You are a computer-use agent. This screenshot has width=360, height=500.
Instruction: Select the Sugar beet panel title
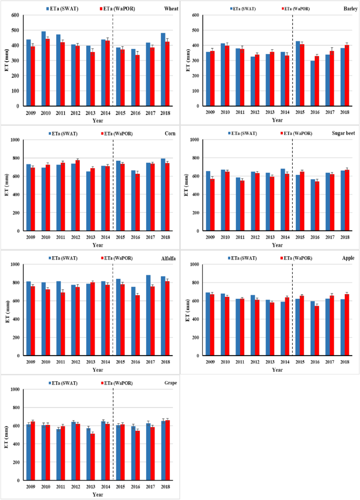coord(343,133)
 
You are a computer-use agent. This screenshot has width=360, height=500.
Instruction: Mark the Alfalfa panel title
coord(168,258)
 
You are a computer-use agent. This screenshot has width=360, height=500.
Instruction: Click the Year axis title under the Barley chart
coord(277,120)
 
